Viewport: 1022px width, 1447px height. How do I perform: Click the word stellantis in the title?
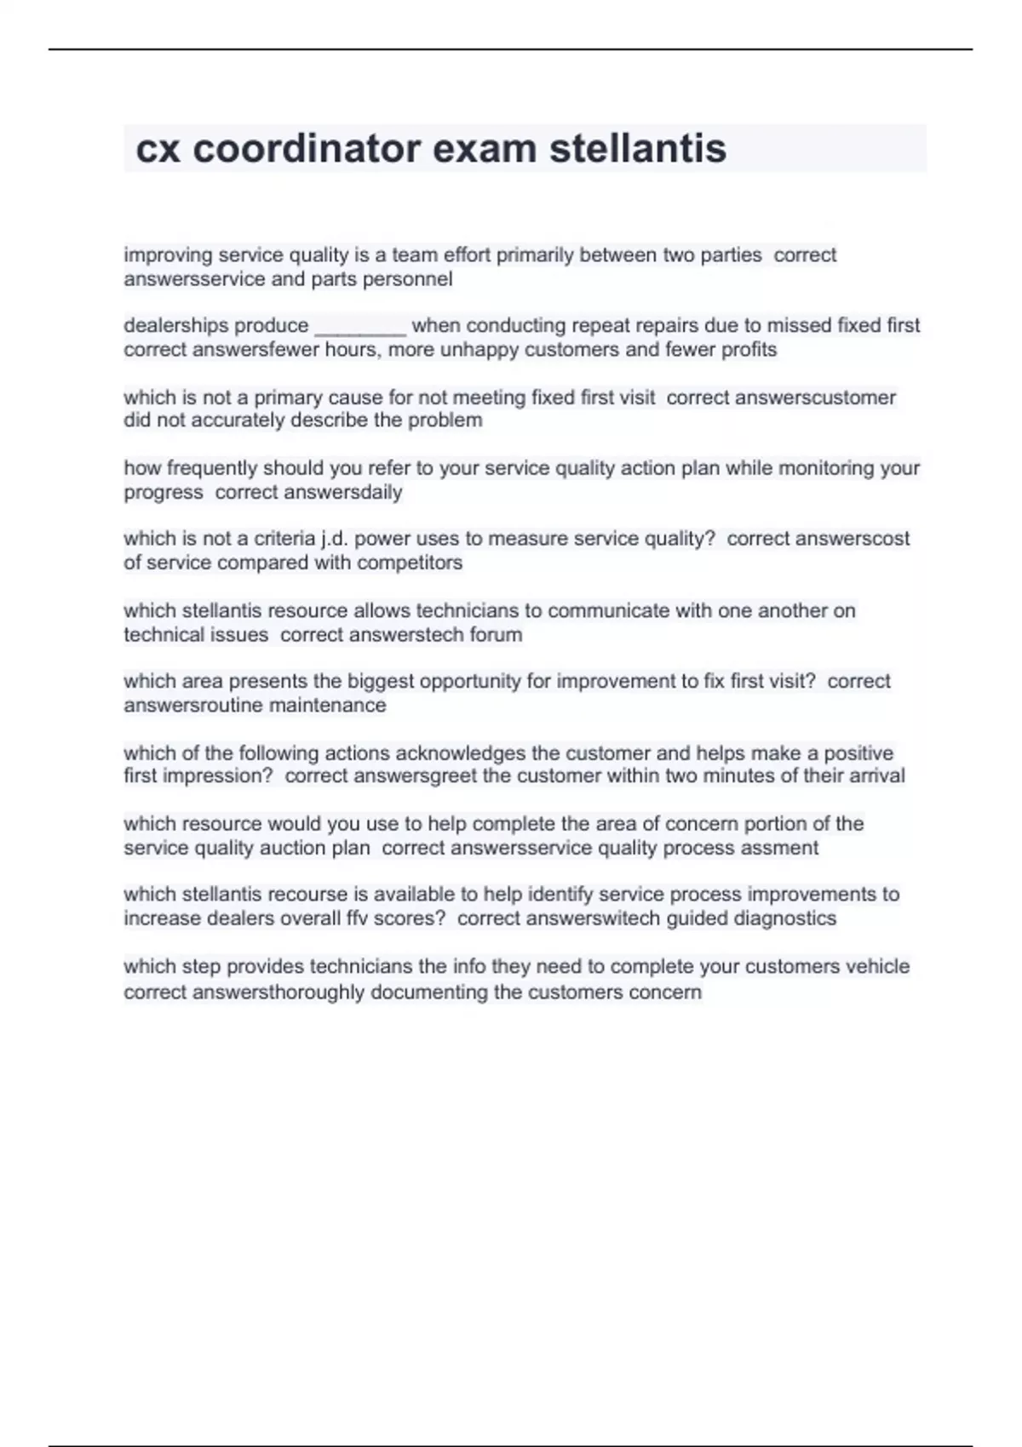click(637, 149)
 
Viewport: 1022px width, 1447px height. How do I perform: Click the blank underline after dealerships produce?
click(360, 327)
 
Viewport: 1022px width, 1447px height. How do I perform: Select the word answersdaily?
click(342, 493)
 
